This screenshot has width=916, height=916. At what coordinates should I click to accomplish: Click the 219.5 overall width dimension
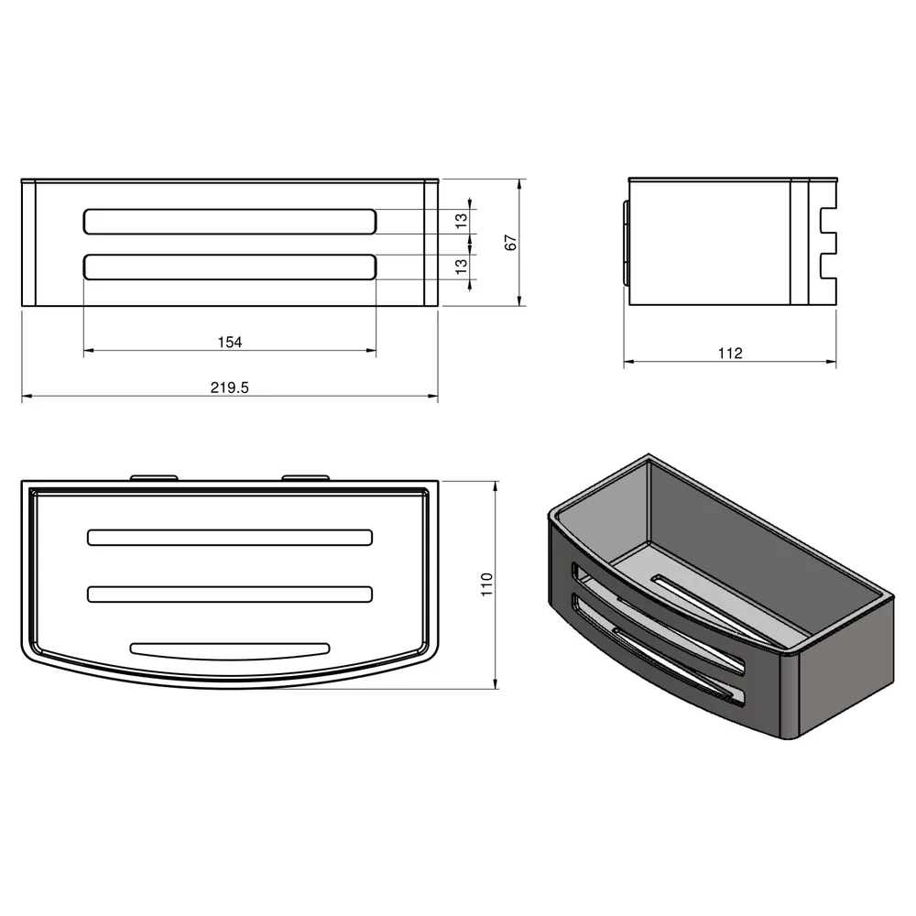point(230,387)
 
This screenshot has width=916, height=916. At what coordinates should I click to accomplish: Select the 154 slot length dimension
point(230,342)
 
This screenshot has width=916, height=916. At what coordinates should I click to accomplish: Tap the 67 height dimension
point(510,243)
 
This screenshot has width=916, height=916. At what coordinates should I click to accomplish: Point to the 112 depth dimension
point(730,353)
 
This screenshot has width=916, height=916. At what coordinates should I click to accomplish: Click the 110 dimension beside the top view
point(486,584)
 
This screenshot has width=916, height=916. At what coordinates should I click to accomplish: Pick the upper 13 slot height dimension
point(462,221)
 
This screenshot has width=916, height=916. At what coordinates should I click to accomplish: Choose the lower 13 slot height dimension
point(462,267)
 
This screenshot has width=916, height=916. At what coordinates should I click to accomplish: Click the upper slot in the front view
point(230,222)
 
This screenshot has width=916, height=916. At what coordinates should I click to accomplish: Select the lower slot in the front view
point(230,267)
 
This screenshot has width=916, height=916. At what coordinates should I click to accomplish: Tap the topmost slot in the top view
point(230,538)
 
